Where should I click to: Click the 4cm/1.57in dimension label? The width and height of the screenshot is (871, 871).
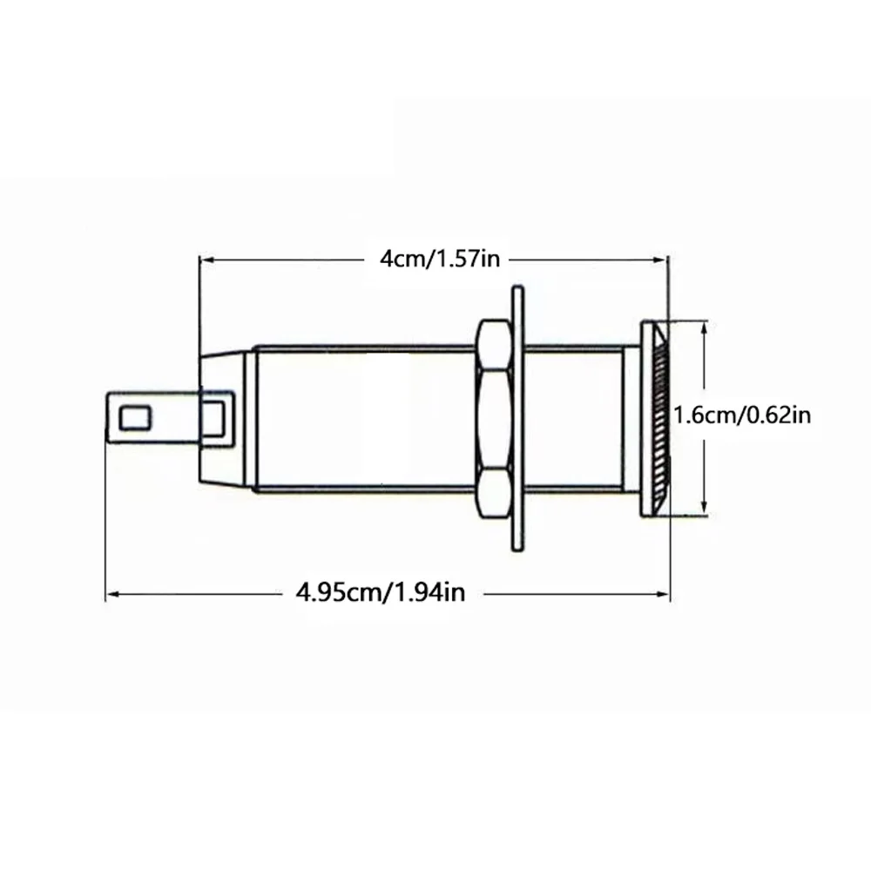(440, 259)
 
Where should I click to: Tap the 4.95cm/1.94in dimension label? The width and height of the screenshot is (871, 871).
(381, 592)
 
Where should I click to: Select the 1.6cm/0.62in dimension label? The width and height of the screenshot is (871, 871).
(742, 415)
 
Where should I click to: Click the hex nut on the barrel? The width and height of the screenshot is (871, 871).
(494, 420)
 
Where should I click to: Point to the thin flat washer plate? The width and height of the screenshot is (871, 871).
(517, 419)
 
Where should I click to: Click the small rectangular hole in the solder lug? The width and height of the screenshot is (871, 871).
(136, 418)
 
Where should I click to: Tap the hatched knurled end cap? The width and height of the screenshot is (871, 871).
(656, 420)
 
